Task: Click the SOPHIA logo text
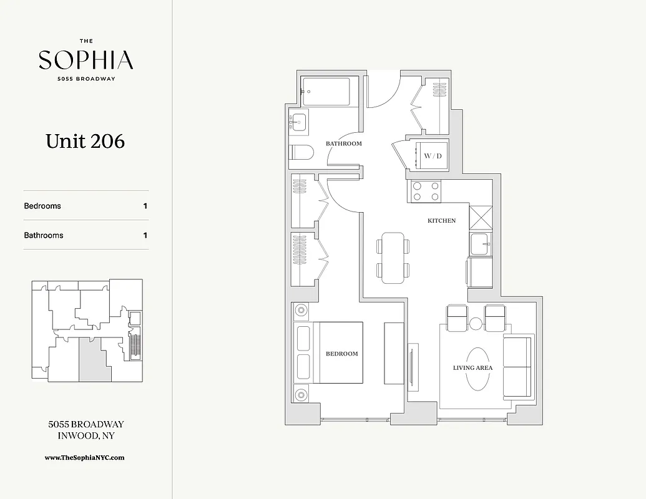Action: [86, 60]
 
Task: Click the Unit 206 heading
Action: [85, 141]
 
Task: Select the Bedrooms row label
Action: [42, 206]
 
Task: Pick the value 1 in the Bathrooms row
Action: [145, 235]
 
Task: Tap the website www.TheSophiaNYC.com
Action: [85, 457]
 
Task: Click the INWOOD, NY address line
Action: [86, 436]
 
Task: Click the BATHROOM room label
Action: [343, 143]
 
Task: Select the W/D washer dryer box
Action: [432, 155]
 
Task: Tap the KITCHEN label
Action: [441, 220]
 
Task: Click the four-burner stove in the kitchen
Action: [426, 191]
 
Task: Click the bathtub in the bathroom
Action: [330, 92]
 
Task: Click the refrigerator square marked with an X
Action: [481, 218]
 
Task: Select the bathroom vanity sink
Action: [298, 121]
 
